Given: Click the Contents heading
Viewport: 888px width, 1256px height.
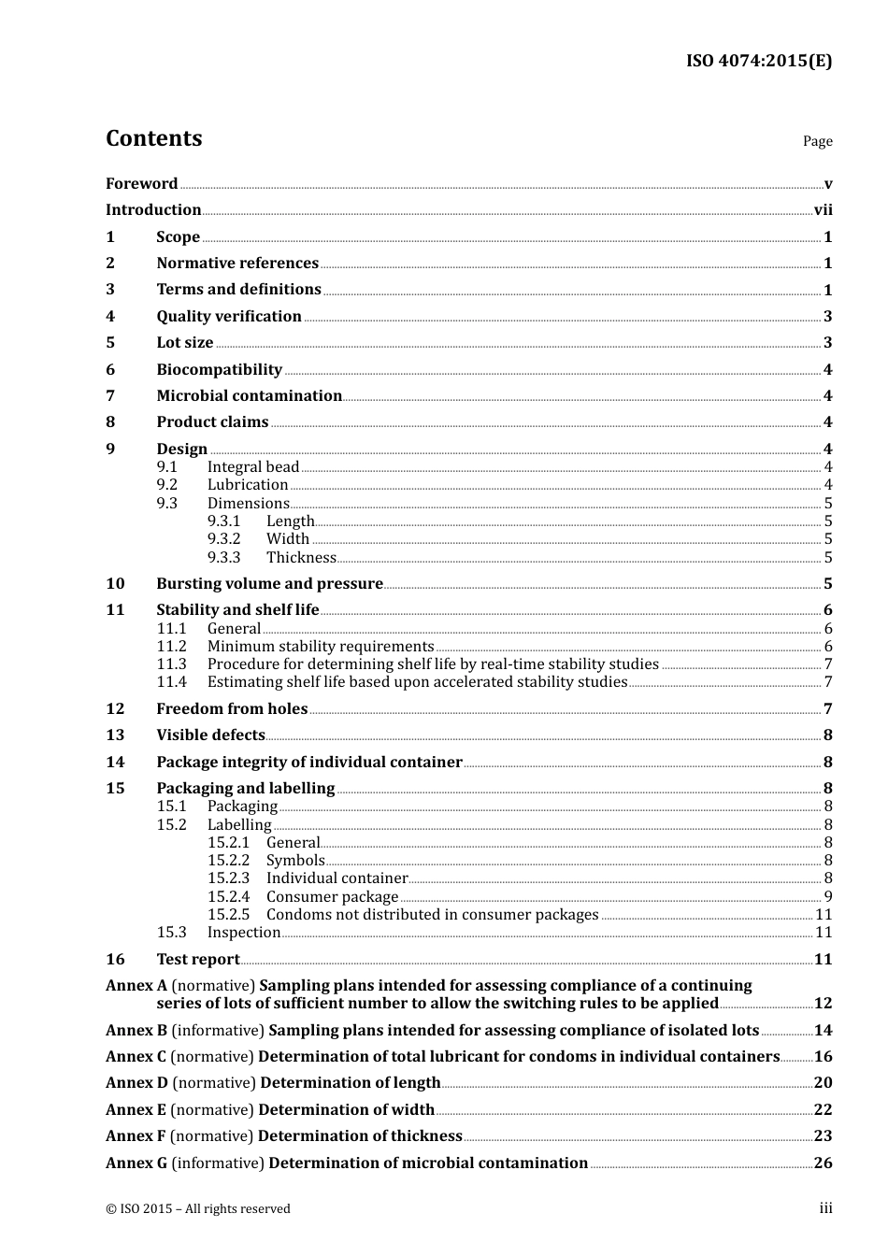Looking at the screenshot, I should tap(153, 138).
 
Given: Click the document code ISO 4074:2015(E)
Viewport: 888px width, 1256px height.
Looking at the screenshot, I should tap(758, 61).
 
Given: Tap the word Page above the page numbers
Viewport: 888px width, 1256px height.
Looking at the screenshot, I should tap(817, 141).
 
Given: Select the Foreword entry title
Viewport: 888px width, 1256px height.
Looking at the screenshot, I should tap(141, 184).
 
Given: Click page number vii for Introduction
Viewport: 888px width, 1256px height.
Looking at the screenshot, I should tap(823, 210).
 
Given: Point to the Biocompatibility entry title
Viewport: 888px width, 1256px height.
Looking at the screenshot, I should tap(219, 370).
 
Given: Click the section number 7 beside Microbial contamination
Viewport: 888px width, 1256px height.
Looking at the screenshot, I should tap(110, 396).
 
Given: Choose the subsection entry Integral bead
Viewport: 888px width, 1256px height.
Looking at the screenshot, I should tap(252, 467).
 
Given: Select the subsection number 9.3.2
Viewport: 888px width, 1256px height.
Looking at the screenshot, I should tap(224, 539).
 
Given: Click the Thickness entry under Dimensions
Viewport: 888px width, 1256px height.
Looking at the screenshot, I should tap(301, 558).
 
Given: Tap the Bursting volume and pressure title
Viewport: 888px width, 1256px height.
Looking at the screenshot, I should tap(269, 584).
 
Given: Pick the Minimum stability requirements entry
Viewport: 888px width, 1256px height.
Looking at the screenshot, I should tap(321, 647).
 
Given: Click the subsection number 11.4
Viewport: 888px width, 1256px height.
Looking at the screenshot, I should tap(171, 682).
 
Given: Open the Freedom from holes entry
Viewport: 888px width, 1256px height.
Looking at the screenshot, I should tap(232, 709).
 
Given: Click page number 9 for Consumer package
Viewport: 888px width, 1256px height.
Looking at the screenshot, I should tap(827, 897).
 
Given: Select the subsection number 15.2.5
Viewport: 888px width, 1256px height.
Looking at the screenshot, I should tap(228, 915).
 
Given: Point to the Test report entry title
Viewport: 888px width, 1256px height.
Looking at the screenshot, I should tap(198, 960).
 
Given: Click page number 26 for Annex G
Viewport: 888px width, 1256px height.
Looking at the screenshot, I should tap(823, 1163).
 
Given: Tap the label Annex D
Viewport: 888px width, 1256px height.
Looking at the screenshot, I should tap(136, 1083).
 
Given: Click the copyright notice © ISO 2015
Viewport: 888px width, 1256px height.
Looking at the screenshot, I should tap(197, 1209).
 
